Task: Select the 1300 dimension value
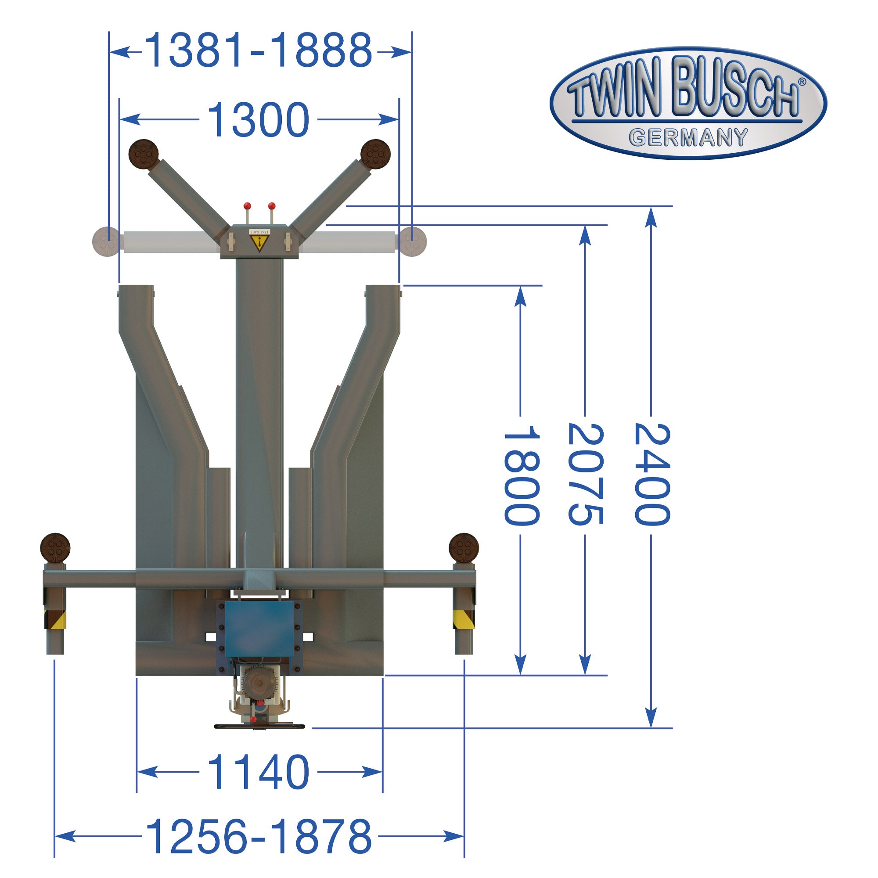[258, 119]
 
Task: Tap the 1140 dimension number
[258, 772]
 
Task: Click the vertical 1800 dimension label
[522, 475]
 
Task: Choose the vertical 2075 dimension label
[586, 475]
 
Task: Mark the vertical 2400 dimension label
[651, 475]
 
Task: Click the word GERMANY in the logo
[688, 138]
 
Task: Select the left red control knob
[247, 206]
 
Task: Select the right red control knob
[272, 205]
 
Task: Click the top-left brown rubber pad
[144, 154]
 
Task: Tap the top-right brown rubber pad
[375, 154]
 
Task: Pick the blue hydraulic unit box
[260, 629]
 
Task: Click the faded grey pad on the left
[106, 241]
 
